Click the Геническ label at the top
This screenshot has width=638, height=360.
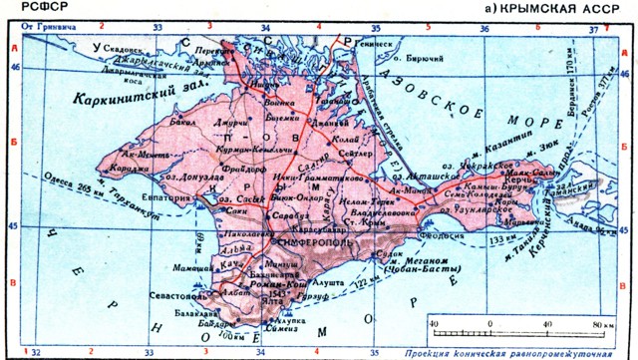tap(378, 43)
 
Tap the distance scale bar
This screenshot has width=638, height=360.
tap(518, 326)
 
